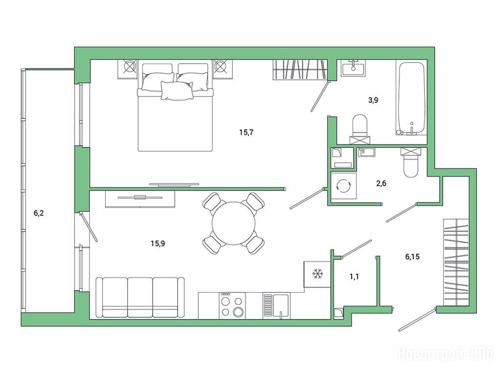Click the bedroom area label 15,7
246,132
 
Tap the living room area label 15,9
158,244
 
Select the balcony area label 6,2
39,213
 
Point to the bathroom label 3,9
373,100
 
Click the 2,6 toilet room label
382,183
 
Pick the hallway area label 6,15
412,257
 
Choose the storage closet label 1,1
354,277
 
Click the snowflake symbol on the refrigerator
318,274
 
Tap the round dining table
233,223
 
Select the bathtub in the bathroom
411,98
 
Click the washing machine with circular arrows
343,186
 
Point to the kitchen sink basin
280,306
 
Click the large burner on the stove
238,311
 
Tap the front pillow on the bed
177,91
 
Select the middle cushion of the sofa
140,297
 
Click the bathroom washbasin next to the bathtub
353,68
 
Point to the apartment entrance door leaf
417,320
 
